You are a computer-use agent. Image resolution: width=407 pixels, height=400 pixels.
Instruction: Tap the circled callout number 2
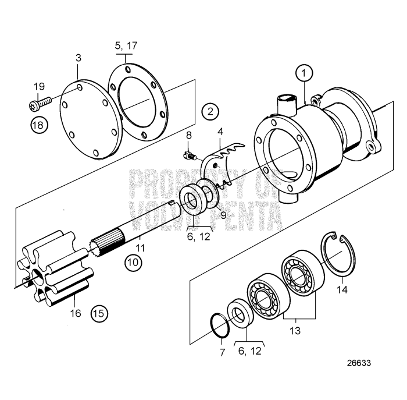[x=210, y=111]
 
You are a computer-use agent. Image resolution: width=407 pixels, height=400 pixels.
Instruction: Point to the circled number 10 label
[x=134, y=263]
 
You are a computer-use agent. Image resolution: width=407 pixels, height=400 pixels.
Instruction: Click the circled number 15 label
[x=99, y=313]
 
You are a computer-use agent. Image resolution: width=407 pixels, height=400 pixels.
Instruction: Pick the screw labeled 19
[x=40, y=105]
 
